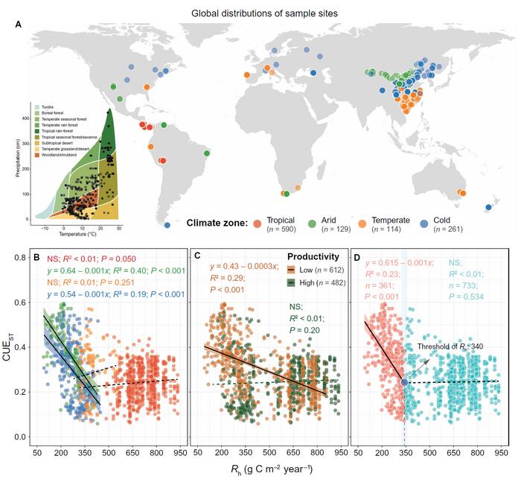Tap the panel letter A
tap(19, 25)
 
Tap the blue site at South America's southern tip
tap(167, 225)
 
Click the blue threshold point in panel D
tap(404, 381)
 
